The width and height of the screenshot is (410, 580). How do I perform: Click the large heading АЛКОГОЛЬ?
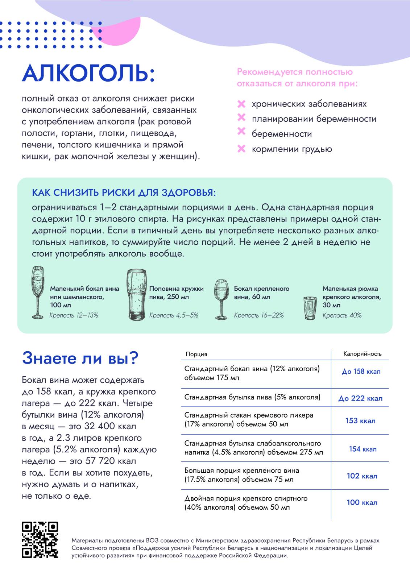[x=88, y=73]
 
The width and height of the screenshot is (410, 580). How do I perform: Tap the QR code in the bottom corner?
[x=40, y=539]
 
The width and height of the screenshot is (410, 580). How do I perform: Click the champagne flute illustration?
[x=37, y=292]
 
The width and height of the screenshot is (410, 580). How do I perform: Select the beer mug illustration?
[x=137, y=295]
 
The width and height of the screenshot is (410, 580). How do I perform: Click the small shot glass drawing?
[x=310, y=308]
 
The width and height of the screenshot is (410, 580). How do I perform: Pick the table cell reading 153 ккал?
[x=360, y=421]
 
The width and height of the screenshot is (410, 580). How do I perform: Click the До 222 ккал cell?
[x=360, y=398]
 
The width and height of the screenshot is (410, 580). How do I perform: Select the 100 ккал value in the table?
[x=362, y=502]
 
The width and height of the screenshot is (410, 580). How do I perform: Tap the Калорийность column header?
[x=362, y=354]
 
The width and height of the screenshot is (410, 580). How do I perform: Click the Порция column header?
[x=196, y=354]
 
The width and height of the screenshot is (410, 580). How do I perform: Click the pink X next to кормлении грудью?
[x=241, y=149]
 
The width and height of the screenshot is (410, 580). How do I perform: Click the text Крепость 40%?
[x=342, y=315]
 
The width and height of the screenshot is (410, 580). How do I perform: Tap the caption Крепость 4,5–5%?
[x=174, y=315]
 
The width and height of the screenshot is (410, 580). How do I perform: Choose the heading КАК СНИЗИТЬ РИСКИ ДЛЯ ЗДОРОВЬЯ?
[x=124, y=193]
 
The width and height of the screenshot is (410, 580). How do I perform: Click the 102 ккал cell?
[x=362, y=476]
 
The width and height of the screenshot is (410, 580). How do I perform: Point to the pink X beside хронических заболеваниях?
[x=241, y=104]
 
